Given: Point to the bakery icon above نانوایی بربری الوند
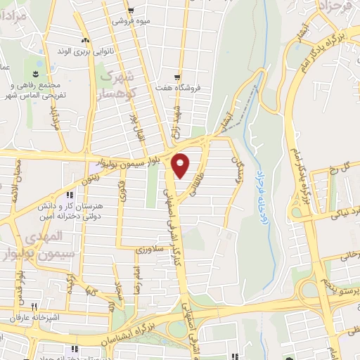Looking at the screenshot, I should (85, 40).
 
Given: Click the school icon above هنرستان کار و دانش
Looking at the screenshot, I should (69, 195).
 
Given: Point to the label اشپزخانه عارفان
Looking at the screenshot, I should (31, 319).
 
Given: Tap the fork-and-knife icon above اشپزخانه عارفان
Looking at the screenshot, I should (32, 307).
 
